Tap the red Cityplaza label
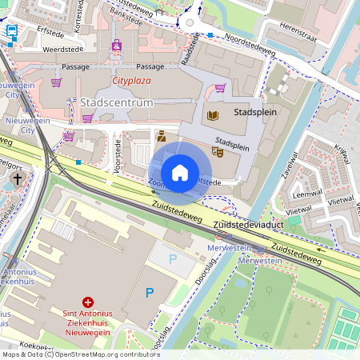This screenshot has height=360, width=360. [x=133, y=81]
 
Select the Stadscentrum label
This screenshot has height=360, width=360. [x=117, y=102]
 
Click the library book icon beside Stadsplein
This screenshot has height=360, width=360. [x=212, y=115]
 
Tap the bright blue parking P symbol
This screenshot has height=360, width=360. [x=149, y=294]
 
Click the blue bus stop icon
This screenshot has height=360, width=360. [x=13, y=32]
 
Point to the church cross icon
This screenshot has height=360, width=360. [x=18, y=178]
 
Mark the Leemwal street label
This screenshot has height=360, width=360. [x=308, y=194]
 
